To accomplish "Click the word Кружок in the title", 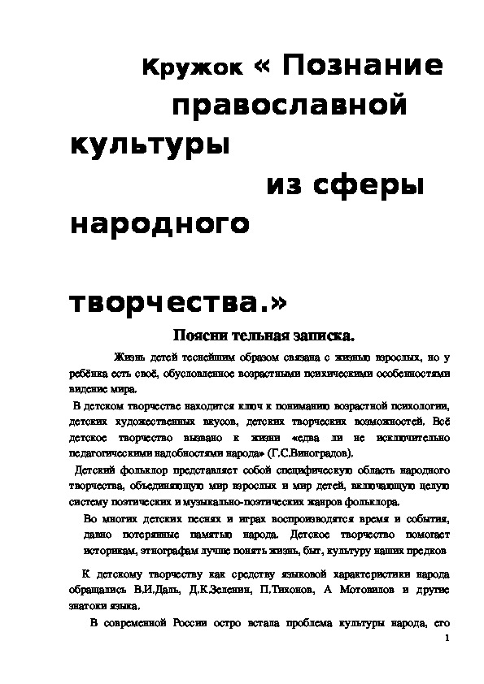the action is [x=191, y=70].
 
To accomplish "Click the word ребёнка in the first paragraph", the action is [x=89, y=373].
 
